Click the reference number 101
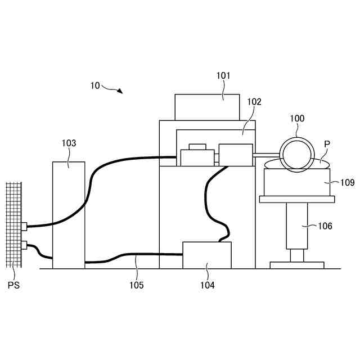tap(223, 75)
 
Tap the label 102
tap(254, 102)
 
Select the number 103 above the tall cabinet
tap(69, 143)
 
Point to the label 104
tap(207, 285)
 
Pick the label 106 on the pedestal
tap(325, 226)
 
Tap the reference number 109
tap(348, 182)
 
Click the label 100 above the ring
tap(297, 118)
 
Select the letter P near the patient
tap(326, 145)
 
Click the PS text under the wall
tap(14, 285)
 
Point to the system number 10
tap(94, 85)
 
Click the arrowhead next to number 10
tap(120, 91)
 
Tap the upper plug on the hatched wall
tap(24, 227)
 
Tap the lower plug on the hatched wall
tap(24, 245)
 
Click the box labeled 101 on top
tap(207, 107)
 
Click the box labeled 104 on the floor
tap(207, 255)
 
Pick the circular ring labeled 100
tap(296, 155)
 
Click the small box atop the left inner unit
tap(197, 147)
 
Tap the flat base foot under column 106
tap(296, 264)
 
